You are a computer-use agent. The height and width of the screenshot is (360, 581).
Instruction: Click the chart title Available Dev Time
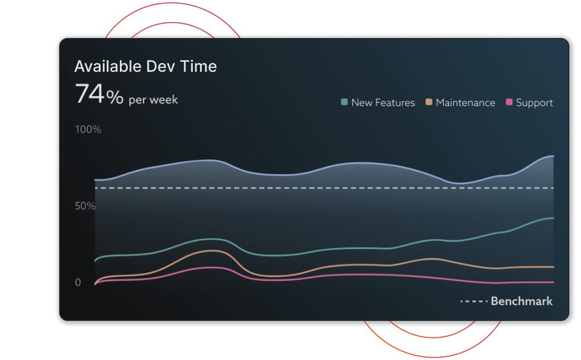(146, 67)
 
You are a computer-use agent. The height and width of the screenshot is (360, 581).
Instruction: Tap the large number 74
(90, 93)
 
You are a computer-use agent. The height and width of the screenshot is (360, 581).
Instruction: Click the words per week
(153, 100)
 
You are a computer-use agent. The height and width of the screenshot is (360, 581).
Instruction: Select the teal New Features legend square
(344, 102)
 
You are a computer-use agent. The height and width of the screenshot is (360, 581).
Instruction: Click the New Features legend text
(383, 102)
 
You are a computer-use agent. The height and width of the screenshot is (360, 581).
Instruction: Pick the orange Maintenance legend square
(429, 102)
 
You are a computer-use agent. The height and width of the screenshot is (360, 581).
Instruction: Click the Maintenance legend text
(465, 102)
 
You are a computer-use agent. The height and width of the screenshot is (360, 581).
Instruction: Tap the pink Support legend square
(509, 102)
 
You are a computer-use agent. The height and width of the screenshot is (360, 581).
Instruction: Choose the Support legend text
(535, 103)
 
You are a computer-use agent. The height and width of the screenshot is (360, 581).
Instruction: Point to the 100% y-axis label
(88, 129)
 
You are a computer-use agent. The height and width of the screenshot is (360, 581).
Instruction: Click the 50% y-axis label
(85, 206)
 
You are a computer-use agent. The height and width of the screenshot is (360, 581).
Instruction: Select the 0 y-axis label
(78, 282)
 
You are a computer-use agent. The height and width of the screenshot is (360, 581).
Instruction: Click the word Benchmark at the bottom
(522, 301)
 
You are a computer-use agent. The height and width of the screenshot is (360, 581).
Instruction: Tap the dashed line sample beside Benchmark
(474, 301)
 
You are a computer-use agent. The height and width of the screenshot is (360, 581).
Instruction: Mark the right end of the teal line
(554, 218)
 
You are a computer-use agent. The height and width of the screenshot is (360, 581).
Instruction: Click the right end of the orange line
(554, 267)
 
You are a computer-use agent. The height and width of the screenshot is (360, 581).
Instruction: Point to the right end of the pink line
(554, 282)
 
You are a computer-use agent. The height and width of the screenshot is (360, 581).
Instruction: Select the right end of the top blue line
(554, 156)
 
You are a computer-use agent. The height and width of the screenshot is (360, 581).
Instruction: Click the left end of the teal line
(95, 261)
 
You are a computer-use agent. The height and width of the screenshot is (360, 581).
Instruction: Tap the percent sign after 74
(115, 98)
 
